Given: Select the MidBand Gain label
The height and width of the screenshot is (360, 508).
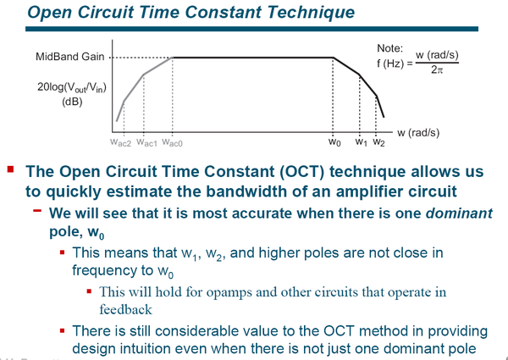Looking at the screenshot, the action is (70, 57).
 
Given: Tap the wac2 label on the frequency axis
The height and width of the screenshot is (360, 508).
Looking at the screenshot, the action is (120, 142).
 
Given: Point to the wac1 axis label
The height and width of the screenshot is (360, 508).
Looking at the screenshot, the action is (146, 142).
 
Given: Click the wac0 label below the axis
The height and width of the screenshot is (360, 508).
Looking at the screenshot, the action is (172, 142).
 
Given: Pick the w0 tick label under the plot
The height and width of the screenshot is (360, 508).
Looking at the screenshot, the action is (334, 142).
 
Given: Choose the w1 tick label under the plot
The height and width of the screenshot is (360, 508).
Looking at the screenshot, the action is (362, 142).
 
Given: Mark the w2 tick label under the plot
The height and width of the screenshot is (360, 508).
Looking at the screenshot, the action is (378, 142).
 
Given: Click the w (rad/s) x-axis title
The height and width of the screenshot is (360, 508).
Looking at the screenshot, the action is (418, 133).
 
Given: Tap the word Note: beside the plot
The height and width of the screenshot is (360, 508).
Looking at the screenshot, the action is (389, 48).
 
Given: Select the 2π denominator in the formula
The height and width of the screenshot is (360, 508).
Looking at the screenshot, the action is (436, 69).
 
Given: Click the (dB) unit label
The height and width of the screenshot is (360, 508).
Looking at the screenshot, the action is (72, 102).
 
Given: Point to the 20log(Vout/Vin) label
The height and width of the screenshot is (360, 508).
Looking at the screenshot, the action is (72, 88).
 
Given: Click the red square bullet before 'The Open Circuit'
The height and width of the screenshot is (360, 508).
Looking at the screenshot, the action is (11, 169).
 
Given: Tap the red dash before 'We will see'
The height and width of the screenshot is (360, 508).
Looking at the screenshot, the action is (37, 211).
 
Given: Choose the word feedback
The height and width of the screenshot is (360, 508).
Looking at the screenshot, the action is (125, 309).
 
